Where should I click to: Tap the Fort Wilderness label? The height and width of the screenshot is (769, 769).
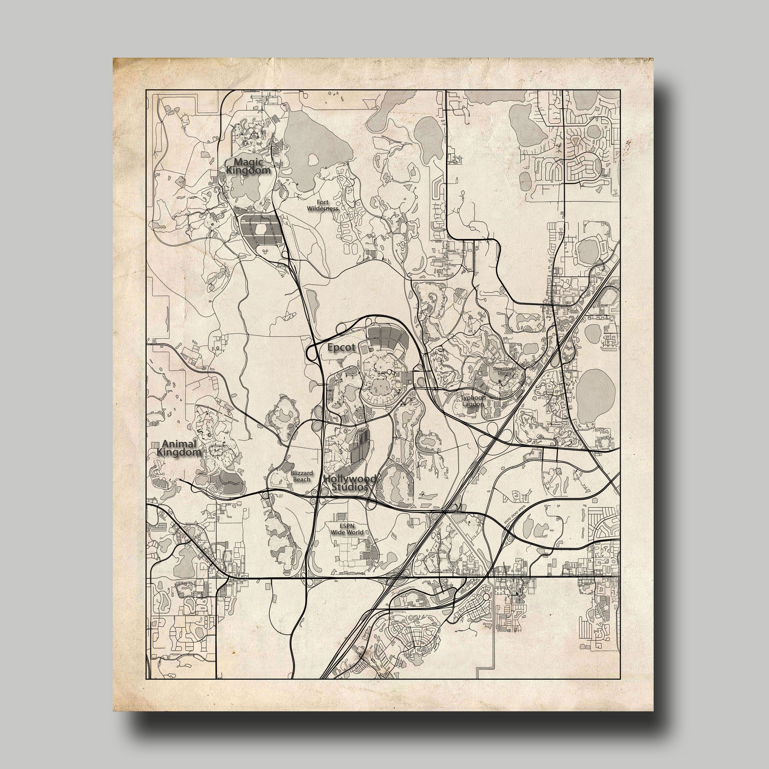click(x=322, y=205)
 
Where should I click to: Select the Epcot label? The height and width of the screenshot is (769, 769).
click(x=341, y=348)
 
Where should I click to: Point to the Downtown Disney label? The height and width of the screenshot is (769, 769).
click(x=504, y=371)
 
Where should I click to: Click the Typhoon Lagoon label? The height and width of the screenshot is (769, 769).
click(x=473, y=400)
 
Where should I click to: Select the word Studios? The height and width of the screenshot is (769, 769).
click(x=349, y=487)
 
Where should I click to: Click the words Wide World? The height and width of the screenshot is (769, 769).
click(x=347, y=532)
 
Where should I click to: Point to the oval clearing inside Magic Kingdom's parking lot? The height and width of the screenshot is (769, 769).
click(x=261, y=228)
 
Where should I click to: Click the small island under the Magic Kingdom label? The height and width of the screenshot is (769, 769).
click(x=243, y=178)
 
